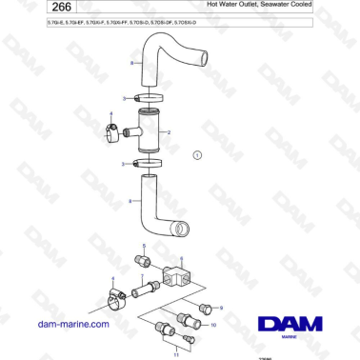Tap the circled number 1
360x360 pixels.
click(x=197, y=154)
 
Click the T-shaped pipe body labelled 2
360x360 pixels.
click(x=148, y=132)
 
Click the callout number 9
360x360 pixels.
click(x=221, y=309)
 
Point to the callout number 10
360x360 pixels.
click(x=212, y=325)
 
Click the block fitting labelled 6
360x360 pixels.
click(x=177, y=277)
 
